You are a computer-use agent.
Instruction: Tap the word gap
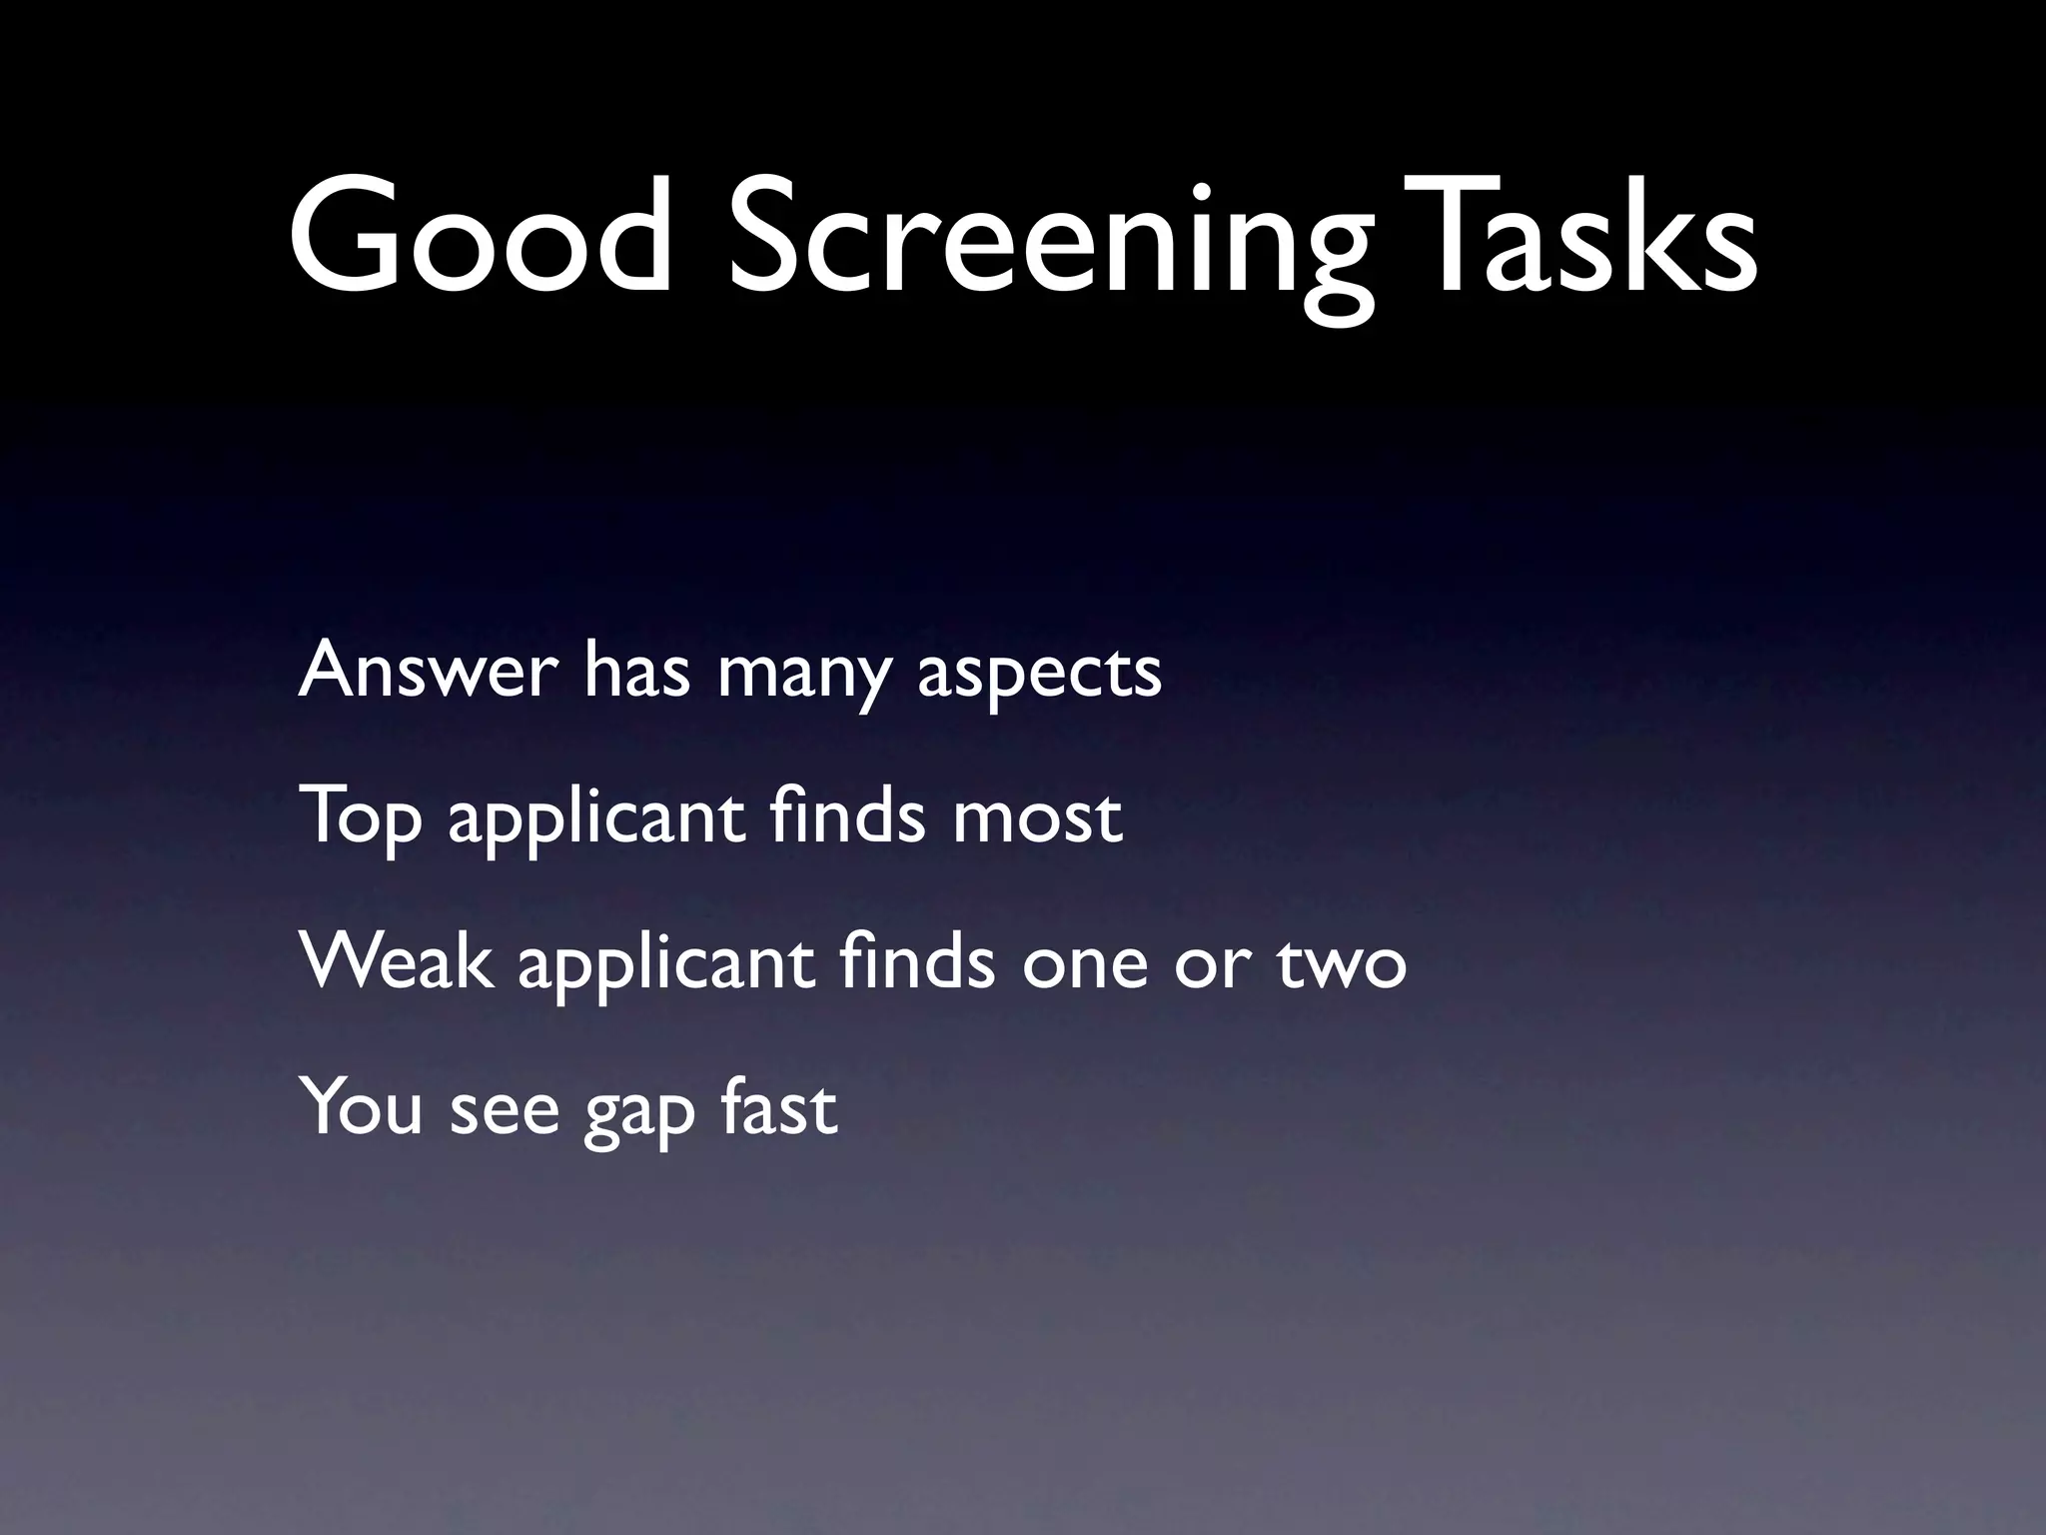pos(639,1114)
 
